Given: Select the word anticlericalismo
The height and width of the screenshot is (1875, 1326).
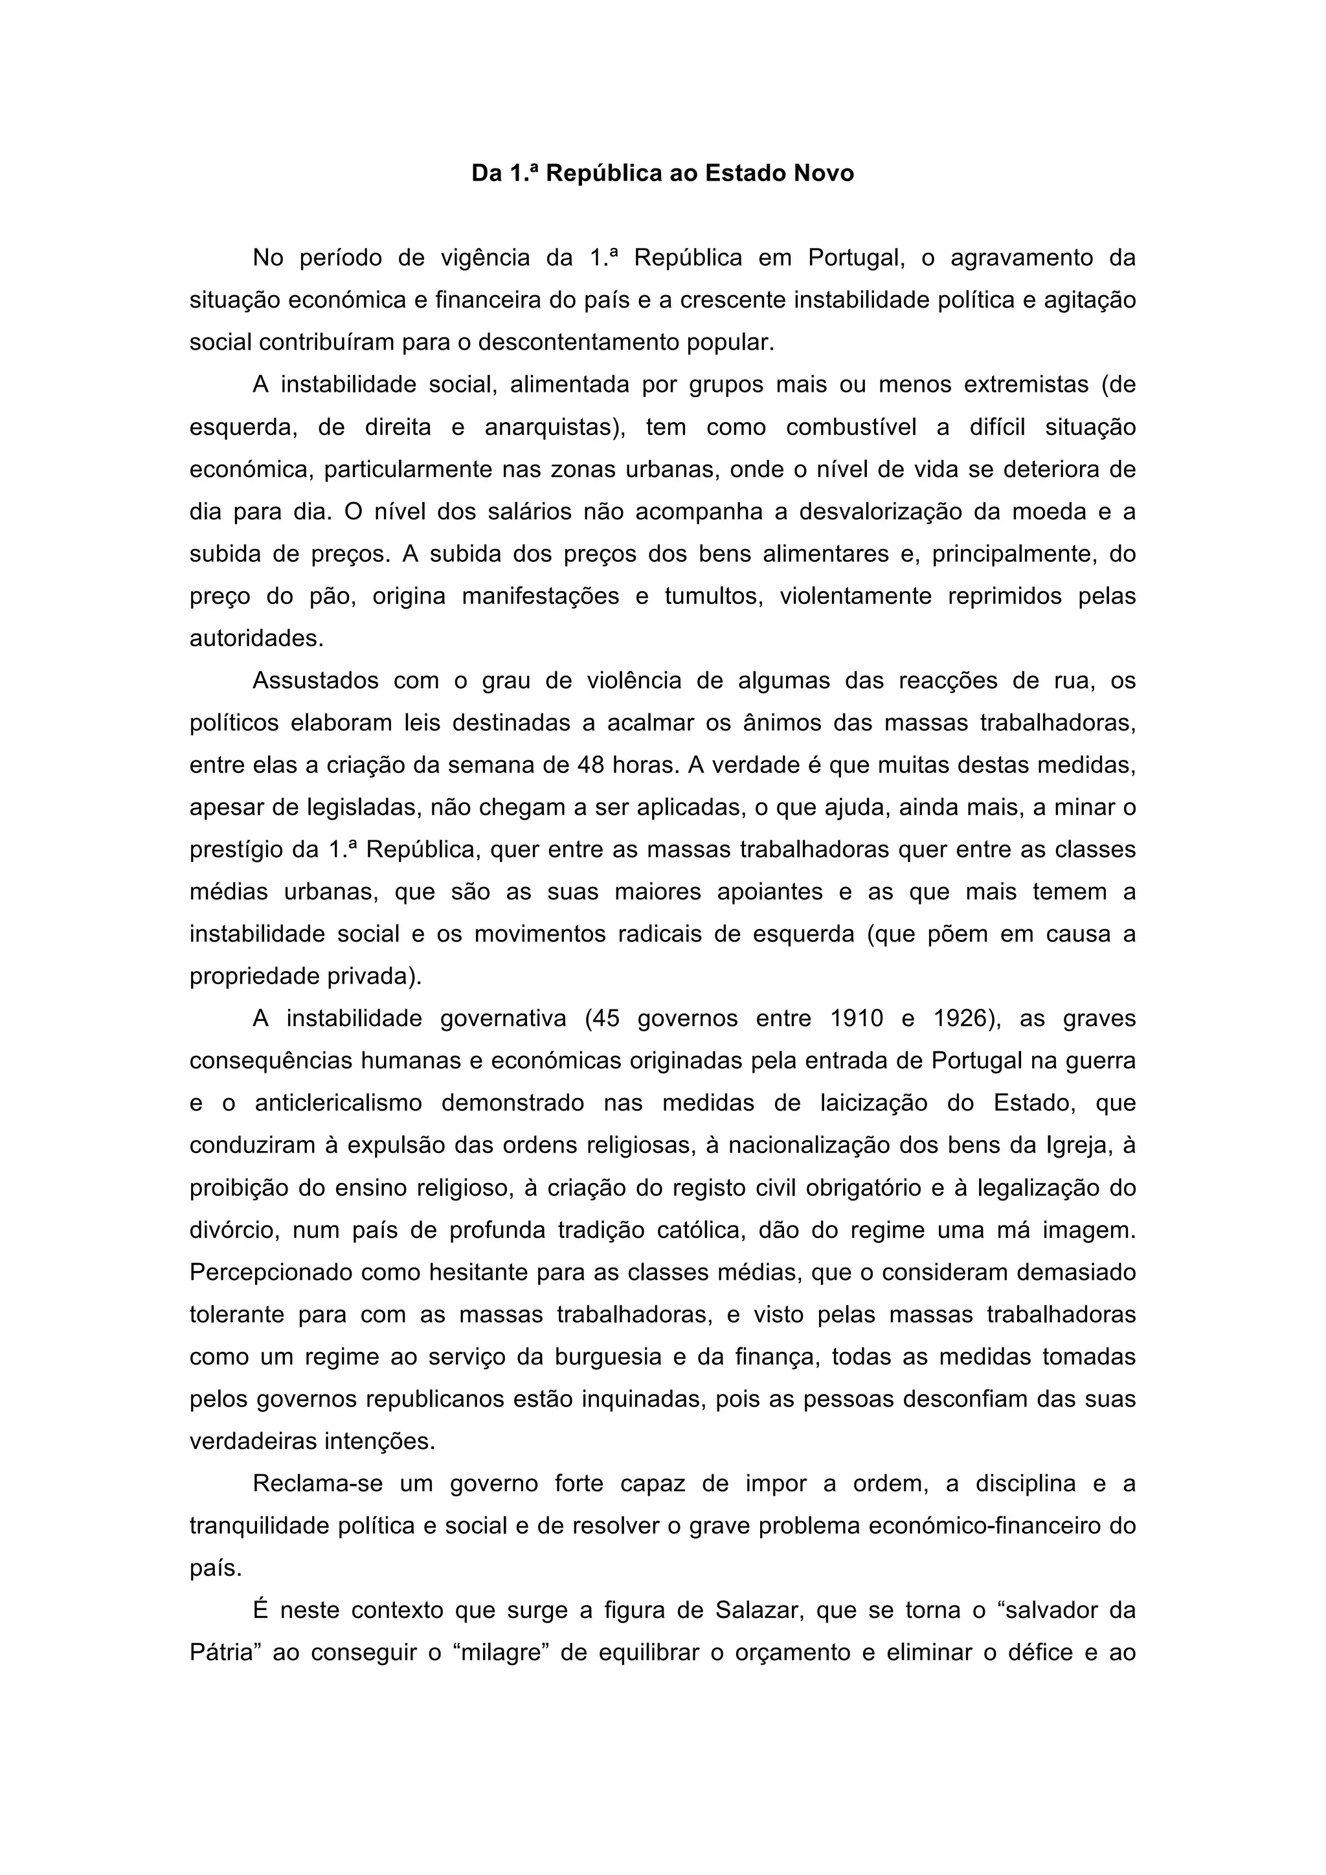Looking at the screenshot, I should click(x=338, y=1103).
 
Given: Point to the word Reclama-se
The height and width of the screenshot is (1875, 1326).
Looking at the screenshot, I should click(x=318, y=1484).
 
